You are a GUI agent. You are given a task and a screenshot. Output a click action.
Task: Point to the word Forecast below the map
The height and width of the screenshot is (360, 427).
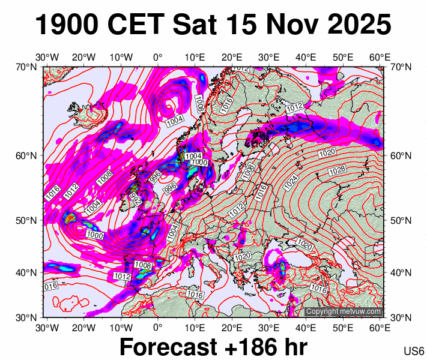click(168, 347)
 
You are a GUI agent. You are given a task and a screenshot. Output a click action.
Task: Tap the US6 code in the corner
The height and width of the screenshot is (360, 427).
click(414, 351)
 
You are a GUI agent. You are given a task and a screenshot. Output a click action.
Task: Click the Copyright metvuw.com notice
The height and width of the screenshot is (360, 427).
click(343, 311)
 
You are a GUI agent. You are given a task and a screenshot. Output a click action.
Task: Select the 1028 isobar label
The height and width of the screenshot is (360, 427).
click(338, 171)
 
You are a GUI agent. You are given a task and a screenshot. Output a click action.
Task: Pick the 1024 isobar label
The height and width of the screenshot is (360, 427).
click(291, 179)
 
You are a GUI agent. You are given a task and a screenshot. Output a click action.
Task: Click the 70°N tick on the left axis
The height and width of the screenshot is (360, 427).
click(26, 67)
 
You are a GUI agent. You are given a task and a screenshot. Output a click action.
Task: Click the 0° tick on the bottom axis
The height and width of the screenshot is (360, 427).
click(157, 328)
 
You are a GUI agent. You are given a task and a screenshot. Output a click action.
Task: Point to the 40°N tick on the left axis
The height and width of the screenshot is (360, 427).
click(26, 272)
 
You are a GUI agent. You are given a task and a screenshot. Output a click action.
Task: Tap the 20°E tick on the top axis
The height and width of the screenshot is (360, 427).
click(232, 57)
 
